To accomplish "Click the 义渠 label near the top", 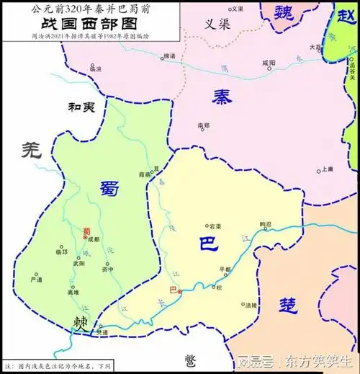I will (215, 23).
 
